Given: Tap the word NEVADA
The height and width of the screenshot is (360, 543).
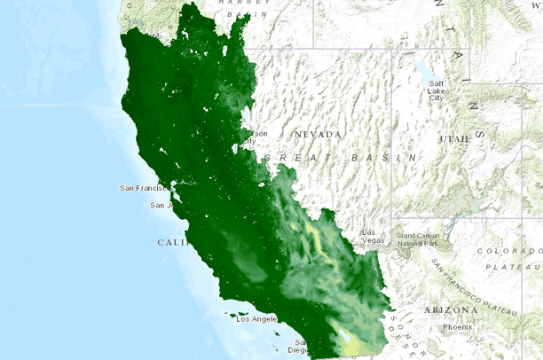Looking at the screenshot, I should coord(319,134).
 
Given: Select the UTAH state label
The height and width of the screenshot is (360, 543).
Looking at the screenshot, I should coord(452,139).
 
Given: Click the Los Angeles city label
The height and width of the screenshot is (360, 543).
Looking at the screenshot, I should coord(257,318).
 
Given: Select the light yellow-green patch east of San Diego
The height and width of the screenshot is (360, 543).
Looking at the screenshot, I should coord(354,342).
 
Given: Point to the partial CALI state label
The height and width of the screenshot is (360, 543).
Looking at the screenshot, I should coord(172,242).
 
